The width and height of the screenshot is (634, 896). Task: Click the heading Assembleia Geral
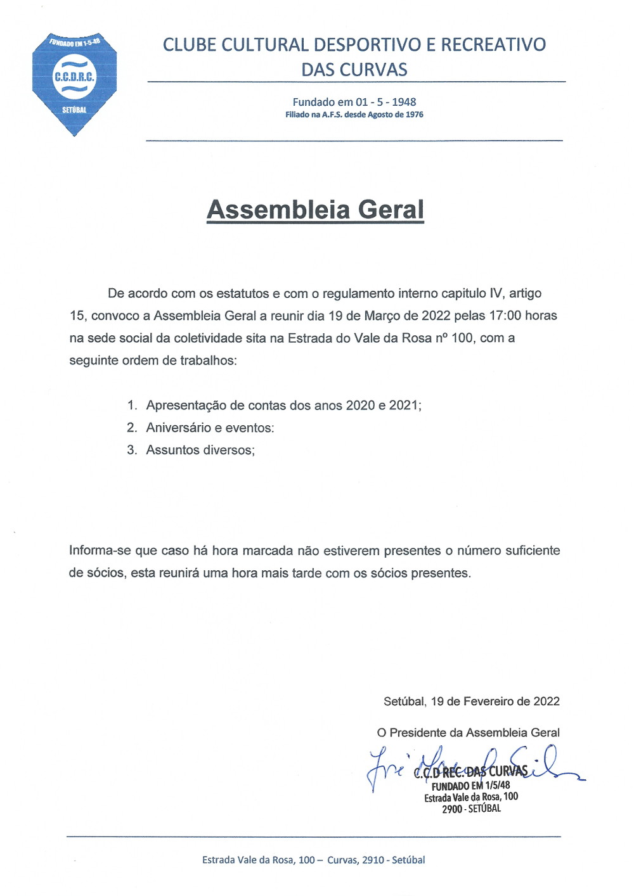pos(315,210)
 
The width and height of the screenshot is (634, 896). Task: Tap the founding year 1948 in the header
pos(404,102)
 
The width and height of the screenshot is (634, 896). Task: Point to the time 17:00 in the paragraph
pos(505,316)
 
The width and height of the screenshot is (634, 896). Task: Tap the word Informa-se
pos(100,551)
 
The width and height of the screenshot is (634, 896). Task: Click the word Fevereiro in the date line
pos(488,701)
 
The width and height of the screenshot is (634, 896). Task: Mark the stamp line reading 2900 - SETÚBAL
pos(471,809)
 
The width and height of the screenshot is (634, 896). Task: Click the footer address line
pos(313,860)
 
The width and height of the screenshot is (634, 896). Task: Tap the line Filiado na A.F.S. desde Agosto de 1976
pos(354,115)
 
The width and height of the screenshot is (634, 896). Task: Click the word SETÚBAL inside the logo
pos(74,110)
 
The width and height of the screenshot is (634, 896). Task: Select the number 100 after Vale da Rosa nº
pos(462,338)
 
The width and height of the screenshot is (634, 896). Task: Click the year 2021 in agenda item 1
pos(403,406)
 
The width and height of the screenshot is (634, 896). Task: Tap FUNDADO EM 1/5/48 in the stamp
pos(470,785)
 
